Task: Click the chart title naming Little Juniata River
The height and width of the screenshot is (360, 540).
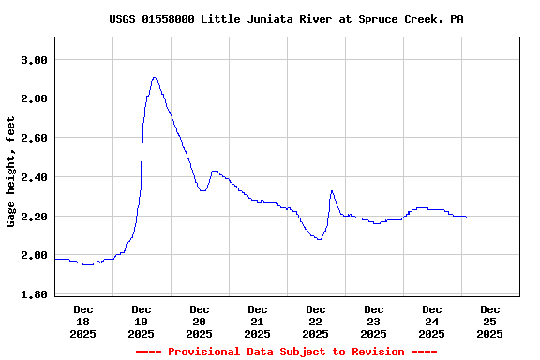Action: point(286,19)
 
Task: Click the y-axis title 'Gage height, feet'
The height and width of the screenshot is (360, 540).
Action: point(11,172)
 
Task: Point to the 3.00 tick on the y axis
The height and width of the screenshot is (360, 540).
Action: point(34,60)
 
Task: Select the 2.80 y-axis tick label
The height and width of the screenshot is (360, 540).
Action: point(34,98)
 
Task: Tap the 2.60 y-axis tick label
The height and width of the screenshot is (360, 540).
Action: point(34,138)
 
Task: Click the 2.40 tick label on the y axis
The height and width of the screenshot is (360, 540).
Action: point(34,177)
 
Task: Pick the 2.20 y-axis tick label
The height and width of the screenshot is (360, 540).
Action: point(34,217)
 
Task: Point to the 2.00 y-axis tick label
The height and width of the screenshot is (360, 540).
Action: point(34,255)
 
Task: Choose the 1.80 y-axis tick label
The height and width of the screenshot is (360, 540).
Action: point(34,294)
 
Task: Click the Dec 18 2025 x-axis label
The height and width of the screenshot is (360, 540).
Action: point(83,321)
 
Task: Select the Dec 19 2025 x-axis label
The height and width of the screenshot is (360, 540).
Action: point(142,321)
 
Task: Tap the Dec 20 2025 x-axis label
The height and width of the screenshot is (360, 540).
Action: point(200,321)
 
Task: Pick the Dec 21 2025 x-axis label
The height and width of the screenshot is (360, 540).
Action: point(258,321)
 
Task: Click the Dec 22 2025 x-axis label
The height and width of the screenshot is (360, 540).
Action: point(316,321)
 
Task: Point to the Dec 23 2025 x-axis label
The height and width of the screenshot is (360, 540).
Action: point(374,321)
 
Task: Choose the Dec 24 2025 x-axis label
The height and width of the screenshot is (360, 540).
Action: point(432,321)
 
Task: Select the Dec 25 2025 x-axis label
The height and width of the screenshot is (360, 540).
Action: point(490,321)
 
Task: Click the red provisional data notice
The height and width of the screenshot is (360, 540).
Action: point(286,352)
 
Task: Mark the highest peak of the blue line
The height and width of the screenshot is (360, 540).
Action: point(155,78)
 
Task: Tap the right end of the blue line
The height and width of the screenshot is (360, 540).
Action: point(472,217)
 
